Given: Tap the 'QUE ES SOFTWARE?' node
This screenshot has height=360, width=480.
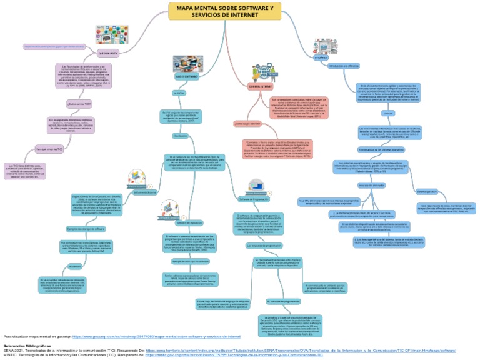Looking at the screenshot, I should pos(186,76).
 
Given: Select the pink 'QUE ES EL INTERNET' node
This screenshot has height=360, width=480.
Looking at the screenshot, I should pos(260,86).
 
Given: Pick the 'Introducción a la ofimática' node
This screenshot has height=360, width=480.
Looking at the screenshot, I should pos(345,65).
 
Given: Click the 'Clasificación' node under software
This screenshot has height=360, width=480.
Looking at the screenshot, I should pos(180,135).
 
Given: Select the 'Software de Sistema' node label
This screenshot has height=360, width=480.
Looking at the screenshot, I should pos(145,193).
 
